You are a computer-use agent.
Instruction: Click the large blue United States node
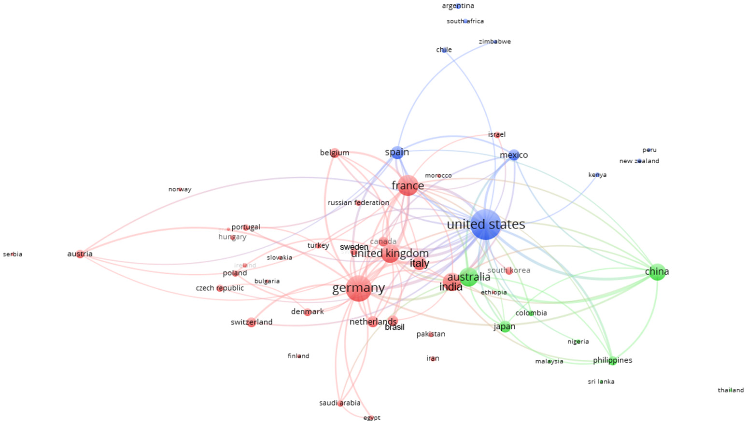click(x=486, y=225)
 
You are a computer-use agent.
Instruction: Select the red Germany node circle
click(x=359, y=288)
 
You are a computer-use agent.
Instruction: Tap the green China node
click(x=657, y=272)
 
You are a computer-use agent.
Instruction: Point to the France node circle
click(x=408, y=186)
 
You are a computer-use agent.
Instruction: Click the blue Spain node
click(x=397, y=153)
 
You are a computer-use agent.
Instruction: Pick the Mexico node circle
click(x=514, y=155)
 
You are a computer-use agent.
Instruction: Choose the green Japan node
click(x=505, y=327)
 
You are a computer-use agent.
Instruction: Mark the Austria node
click(x=80, y=254)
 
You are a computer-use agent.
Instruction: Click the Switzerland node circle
click(x=251, y=322)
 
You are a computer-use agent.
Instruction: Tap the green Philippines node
click(x=612, y=360)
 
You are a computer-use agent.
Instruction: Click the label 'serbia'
click(x=13, y=254)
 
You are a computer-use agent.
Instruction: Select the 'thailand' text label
click(x=731, y=390)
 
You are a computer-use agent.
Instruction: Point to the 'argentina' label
click(x=458, y=6)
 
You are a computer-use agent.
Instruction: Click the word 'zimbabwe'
click(x=494, y=42)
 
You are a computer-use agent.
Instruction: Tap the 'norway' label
click(x=180, y=189)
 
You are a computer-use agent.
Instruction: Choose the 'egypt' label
click(x=372, y=418)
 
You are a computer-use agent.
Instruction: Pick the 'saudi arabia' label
click(x=339, y=403)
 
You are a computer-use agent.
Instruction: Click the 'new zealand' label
click(x=639, y=161)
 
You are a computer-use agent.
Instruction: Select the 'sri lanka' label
click(x=601, y=382)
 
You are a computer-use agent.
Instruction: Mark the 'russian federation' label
click(x=358, y=203)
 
